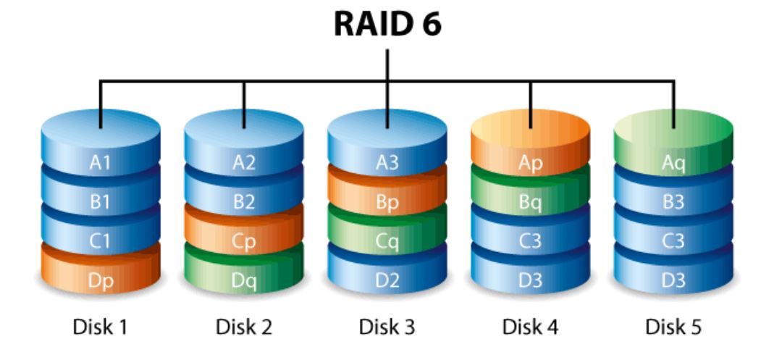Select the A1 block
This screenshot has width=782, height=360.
[x=101, y=163]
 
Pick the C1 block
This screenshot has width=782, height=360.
[x=101, y=242]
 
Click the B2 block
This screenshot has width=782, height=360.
[x=244, y=203]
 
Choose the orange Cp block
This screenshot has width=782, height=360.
[x=244, y=242]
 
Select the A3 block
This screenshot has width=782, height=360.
[x=387, y=163]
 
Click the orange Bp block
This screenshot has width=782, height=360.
[x=387, y=203]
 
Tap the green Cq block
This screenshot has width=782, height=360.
[x=387, y=242]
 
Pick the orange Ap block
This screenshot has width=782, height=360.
[x=531, y=163]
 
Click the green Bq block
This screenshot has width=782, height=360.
[x=531, y=203]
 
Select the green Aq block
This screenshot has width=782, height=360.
[x=674, y=163]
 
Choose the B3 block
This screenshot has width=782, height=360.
[x=674, y=203]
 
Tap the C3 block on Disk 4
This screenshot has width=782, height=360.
[x=531, y=242]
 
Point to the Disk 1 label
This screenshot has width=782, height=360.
[x=101, y=327]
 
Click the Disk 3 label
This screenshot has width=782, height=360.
[x=387, y=327]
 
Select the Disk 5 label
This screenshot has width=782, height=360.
[x=674, y=327]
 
